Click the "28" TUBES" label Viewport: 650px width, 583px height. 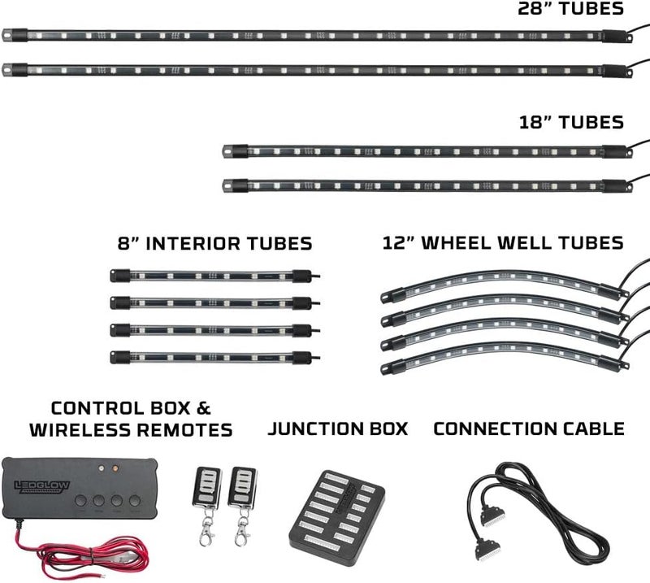(570, 8)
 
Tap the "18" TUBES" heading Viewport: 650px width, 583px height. (571, 123)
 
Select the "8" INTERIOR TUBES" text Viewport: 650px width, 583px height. (214, 244)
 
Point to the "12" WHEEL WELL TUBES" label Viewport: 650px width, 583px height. (503, 243)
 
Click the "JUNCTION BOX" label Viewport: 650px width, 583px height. (338, 429)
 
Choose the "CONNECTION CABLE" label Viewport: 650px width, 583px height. (529, 429)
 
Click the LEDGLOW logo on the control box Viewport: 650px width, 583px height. (42, 486)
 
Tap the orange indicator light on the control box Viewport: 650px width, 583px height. (115, 468)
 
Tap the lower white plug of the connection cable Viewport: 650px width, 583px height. (487, 549)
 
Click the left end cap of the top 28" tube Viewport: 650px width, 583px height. (15, 35)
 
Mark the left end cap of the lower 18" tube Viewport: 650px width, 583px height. (235, 185)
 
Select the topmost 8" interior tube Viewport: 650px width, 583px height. (214, 276)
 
